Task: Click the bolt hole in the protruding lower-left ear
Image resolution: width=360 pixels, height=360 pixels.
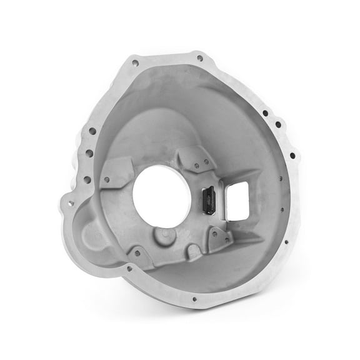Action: point(69,202)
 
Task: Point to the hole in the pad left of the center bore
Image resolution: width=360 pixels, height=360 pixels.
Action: point(106,180)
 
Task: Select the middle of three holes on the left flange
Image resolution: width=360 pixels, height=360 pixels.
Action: point(89,152)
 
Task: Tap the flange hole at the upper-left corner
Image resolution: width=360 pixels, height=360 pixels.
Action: point(135,62)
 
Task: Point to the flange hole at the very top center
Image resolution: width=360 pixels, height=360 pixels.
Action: point(199,58)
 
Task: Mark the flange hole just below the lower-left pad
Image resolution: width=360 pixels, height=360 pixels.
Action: point(129,269)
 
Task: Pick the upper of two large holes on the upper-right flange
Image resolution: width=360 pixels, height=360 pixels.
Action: point(265,114)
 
